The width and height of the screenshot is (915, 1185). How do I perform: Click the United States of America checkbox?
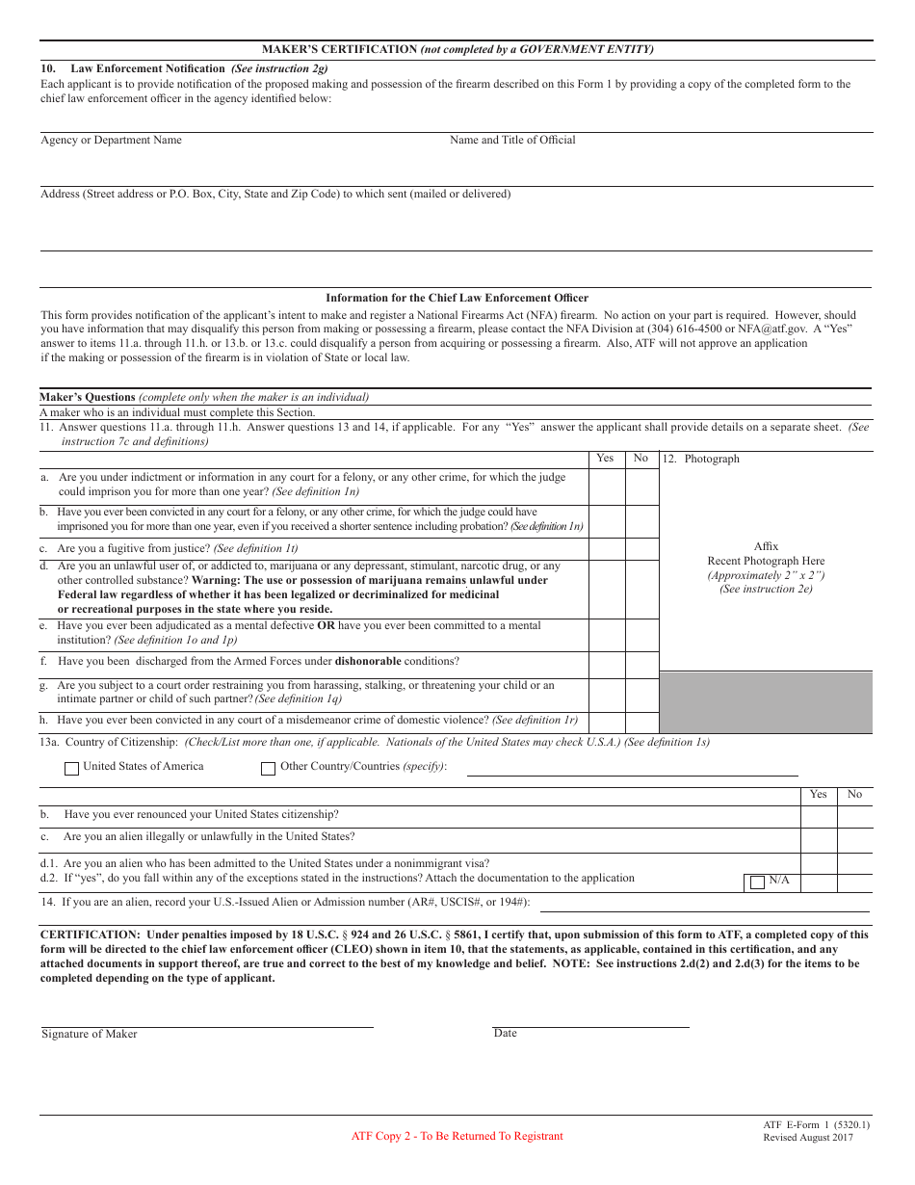point(71,769)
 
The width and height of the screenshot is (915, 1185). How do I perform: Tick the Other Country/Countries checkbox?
point(269,769)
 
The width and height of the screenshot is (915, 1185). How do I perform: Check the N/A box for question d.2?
point(757,882)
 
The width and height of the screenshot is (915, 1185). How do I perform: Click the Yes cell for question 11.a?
point(607,486)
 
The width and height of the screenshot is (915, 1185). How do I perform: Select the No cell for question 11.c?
point(641,549)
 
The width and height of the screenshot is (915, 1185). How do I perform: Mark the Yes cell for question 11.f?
point(607,664)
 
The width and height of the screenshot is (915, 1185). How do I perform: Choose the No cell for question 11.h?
point(641,722)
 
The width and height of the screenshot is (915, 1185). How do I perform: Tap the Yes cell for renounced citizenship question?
point(819,816)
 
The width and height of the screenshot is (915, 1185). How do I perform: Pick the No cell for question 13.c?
point(854,839)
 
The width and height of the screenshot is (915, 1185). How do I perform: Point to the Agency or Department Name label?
point(111,141)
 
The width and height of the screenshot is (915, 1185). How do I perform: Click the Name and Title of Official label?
point(512,141)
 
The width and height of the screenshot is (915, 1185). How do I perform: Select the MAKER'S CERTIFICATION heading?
point(457,49)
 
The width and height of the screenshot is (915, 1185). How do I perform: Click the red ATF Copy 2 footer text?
point(457,1136)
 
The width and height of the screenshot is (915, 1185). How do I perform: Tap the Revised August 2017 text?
point(808,1138)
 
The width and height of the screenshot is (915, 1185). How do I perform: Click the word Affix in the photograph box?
point(766,546)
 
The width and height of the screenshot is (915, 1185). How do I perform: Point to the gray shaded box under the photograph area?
point(766,702)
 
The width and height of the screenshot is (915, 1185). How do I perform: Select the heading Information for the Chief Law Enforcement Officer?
point(457,299)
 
